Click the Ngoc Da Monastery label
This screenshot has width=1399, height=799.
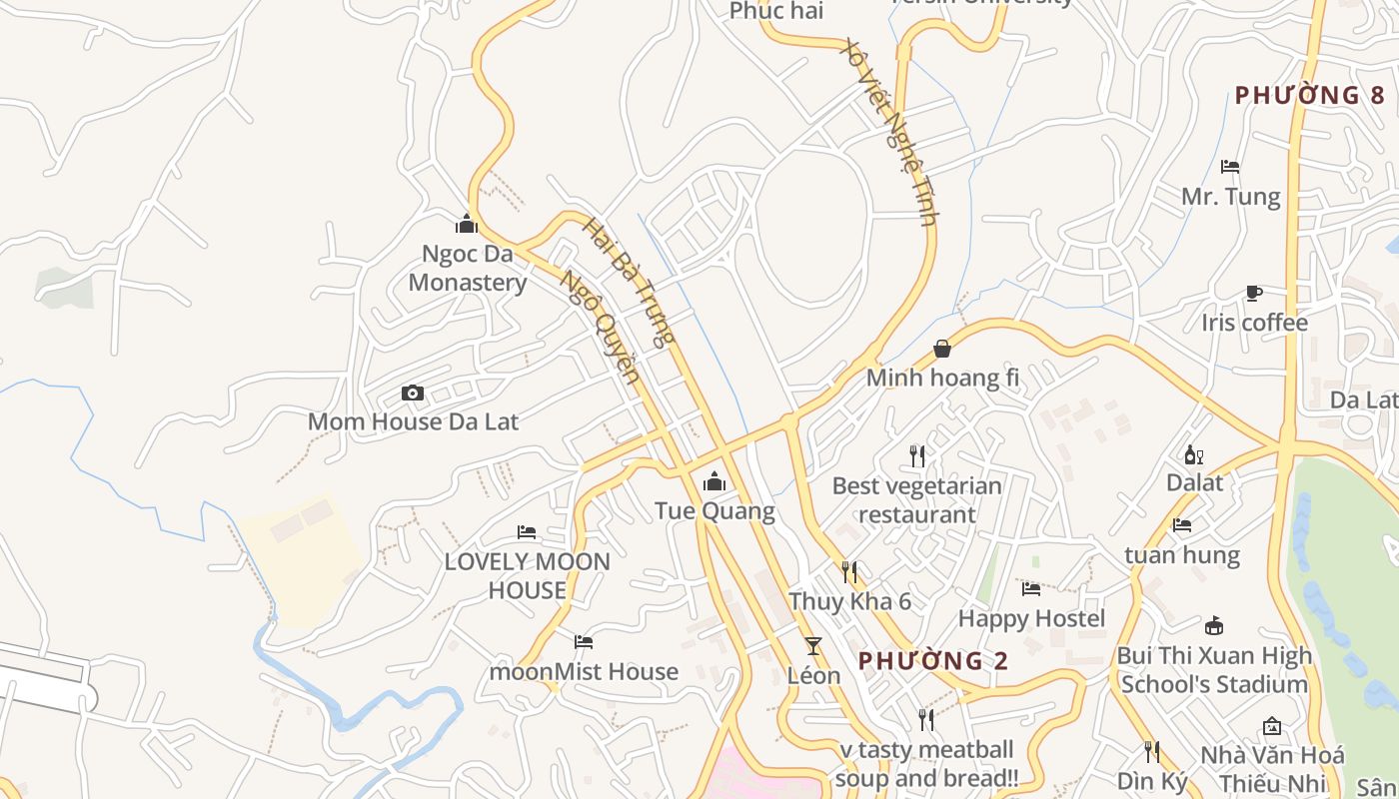point(467,268)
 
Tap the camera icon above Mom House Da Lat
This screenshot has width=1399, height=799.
point(412,394)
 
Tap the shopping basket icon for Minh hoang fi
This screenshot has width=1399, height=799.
point(941,349)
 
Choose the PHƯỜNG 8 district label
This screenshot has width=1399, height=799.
point(1309,96)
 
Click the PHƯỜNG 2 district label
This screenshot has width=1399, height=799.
point(933,661)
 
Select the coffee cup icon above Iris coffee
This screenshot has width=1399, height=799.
point(1254,294)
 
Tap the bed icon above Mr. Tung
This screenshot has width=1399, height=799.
point(1230,167)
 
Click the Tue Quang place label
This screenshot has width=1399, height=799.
point(714,511)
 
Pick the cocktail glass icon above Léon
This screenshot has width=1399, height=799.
point(813,646)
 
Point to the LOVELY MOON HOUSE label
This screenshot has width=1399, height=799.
point(527,576)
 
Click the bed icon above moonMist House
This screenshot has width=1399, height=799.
point(584,642)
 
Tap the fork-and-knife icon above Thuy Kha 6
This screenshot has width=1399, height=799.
point(849,572)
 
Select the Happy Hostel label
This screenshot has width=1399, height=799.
point(1031,619)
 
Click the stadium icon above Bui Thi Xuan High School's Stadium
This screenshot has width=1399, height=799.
point(1214,626)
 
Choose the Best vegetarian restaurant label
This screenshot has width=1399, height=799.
point(916,500)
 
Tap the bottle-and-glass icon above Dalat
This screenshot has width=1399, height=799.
point(1193,455)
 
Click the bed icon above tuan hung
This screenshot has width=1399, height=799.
point(1182,525)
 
